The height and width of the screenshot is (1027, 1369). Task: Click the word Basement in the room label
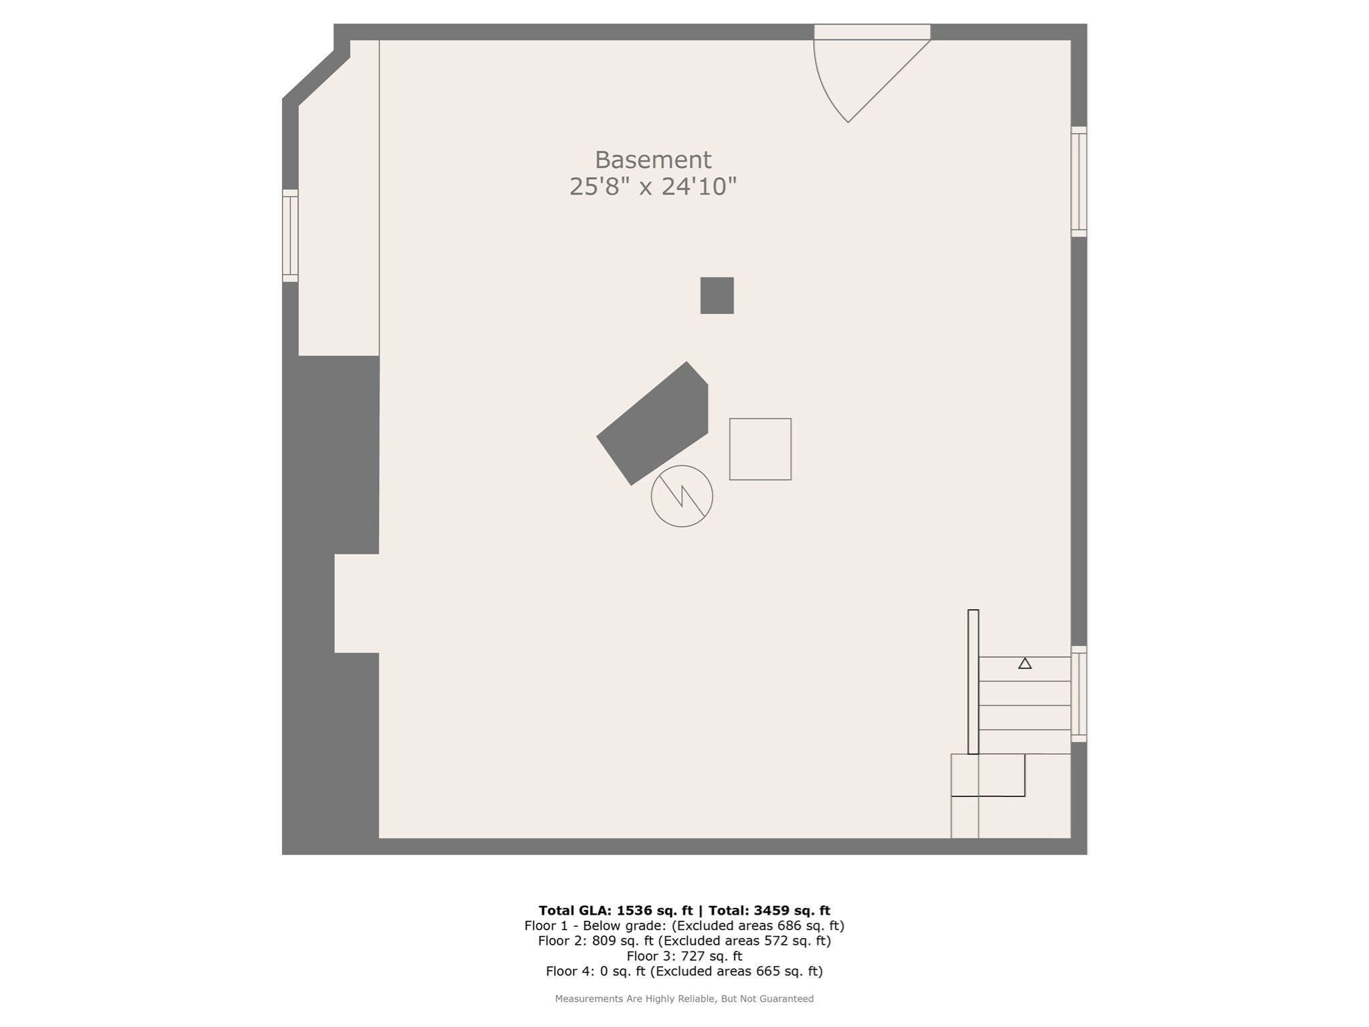point(652,160)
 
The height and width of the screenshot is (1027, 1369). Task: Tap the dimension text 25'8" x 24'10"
point(652,187)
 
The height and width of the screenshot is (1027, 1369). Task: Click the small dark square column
point(717,296)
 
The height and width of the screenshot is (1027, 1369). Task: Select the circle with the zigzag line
point(682,496)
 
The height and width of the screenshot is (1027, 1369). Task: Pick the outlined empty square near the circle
point(760,449)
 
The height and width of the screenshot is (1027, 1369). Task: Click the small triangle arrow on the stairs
point(1025,663)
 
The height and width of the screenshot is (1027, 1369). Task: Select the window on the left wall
point(290,235)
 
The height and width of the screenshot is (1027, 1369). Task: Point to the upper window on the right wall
point(1078,181)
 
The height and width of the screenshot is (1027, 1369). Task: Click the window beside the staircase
point(1078,694)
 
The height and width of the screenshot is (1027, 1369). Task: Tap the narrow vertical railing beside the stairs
point(973,681)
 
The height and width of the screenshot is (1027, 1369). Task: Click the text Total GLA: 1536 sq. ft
point(615,910)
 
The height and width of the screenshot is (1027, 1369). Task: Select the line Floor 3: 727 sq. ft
point(684,956)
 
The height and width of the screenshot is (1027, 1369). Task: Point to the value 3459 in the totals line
point(772,910)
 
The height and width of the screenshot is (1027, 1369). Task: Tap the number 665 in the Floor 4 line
point(767,972)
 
